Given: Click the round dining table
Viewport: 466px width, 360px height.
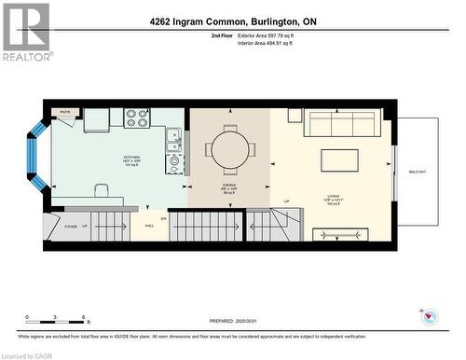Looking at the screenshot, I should [x=230, y=148].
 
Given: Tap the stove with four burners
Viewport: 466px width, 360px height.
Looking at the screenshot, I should [x=137, y=118].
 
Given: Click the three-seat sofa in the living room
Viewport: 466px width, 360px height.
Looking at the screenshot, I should [x=341, y=124].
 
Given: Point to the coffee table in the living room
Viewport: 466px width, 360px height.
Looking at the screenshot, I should [x=339, y=160].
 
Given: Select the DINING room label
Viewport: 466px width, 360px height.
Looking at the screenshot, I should [x=229, y=186].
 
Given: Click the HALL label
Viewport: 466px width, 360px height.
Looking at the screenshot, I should [x=148, y=226].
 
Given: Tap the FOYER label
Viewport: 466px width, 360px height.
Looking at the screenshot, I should [x=70, y=226].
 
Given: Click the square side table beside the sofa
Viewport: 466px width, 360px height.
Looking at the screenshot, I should [x=295, y=116].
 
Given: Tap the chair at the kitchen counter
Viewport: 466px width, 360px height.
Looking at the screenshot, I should [x=102, y=190].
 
